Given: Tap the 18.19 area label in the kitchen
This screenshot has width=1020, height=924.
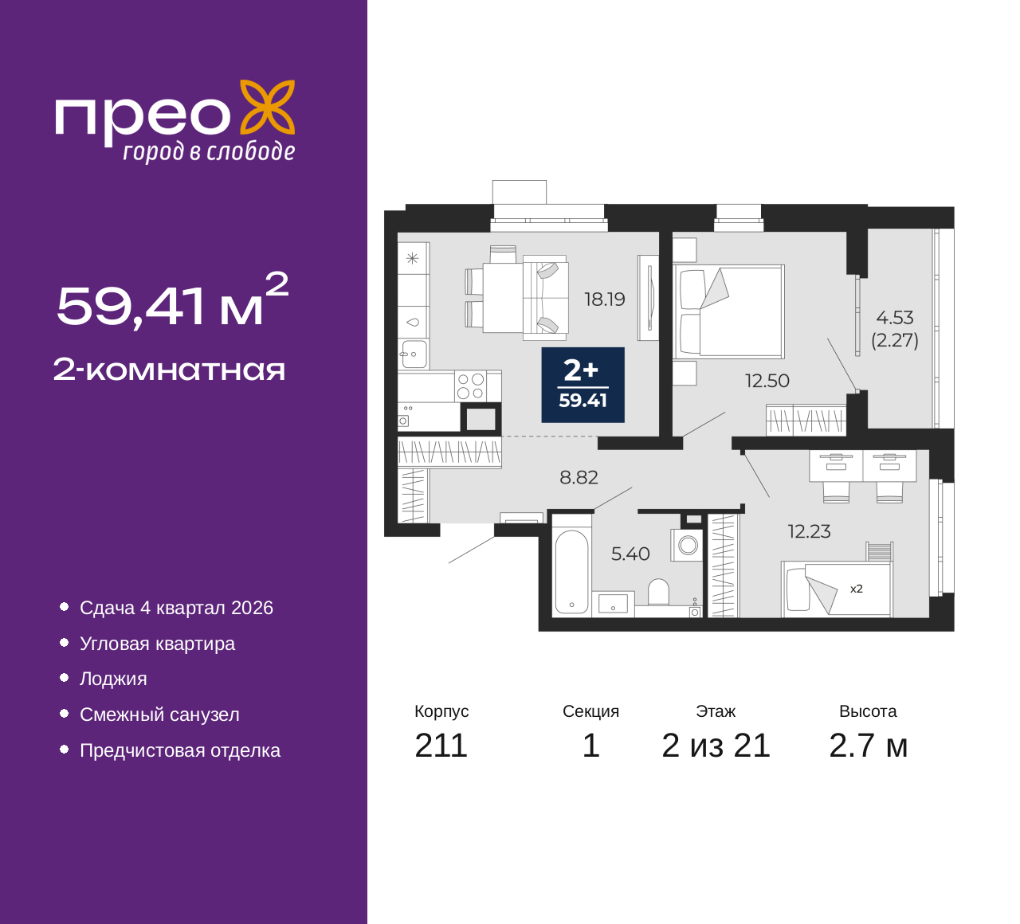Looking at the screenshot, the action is click(x=605, y=300).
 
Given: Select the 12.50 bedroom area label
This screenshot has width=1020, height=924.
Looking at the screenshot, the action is click(x=767, y=381).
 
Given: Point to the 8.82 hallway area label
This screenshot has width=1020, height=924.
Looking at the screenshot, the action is click(x=579, y=477).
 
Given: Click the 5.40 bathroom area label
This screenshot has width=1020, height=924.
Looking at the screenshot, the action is click(x=630, y=554).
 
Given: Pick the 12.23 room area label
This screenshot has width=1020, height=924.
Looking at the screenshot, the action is click(x=809, y=531).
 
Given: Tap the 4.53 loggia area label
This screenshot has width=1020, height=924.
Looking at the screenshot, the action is click(x=894, y=318).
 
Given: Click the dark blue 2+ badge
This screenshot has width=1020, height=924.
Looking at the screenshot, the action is click(x=583, y=385).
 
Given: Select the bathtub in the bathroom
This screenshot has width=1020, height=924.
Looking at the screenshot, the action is click(x=572, y=572).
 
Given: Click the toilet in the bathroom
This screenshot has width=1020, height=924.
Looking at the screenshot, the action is click(x=658, y=592).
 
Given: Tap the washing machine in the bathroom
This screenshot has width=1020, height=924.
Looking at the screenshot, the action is click(x=687, y=546).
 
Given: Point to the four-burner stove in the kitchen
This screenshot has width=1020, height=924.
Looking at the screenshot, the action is click(x=470, y=386).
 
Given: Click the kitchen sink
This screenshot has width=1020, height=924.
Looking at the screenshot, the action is click(x=414, y=353).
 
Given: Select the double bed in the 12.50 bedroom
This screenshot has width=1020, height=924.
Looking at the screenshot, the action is click(x=728, y=311).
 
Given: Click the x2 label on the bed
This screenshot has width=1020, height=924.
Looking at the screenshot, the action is click(x=857, y=589).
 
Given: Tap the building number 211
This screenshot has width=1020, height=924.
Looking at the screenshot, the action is click(x=441, y=746).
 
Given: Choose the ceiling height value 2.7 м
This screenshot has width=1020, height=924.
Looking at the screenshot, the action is click(x=868, y=746).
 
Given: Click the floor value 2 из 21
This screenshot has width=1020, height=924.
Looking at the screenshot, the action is click(x=716, y=746).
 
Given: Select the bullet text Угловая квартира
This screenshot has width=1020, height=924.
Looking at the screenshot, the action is click(x=158, y=644).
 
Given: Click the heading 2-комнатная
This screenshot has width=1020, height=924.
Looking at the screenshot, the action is click(x=169, y=370).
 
